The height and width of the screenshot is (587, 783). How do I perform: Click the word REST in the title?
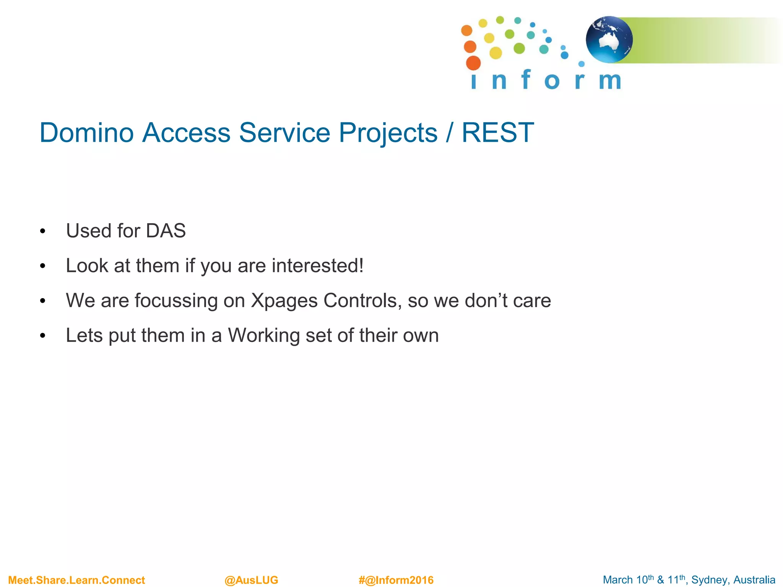click(497, 133)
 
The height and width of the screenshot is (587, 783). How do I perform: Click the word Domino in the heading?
click(87, 133)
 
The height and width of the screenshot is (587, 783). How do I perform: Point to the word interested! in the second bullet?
click(317, 266)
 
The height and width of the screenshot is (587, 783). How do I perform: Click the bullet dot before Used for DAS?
click(42, 232)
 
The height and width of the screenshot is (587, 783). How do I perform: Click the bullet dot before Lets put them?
click(42, 336)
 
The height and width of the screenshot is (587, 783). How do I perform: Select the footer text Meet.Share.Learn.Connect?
click(76, 580)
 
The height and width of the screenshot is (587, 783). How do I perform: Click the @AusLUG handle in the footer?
click(251, 580)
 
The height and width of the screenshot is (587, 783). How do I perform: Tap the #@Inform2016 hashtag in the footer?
click(396, 580)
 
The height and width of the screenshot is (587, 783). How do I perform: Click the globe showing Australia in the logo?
click(609, 40)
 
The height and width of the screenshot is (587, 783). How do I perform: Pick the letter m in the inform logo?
click(609, 81)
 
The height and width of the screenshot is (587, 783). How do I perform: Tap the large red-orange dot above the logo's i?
click(473, 63)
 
